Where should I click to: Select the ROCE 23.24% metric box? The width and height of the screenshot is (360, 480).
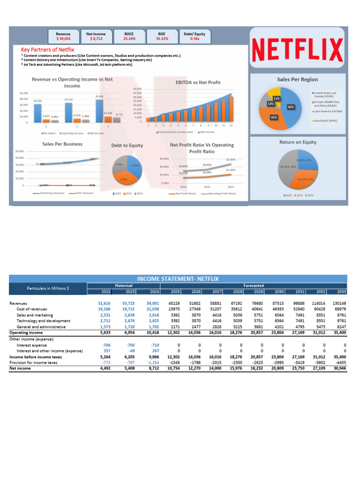tap(128, 36)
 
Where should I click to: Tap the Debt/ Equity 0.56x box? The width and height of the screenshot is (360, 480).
tap(195, 36)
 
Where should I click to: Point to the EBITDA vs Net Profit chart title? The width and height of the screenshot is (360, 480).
tap(198, 82)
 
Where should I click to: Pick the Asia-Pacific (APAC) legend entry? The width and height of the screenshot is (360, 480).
tap(329, 120)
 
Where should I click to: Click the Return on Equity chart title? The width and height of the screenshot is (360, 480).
tap(297, 142)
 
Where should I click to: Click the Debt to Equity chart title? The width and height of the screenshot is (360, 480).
tap(127, 145)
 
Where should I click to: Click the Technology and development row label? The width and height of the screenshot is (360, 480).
tap(41, 321)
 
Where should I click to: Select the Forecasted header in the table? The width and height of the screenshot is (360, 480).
tap(254, 285)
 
